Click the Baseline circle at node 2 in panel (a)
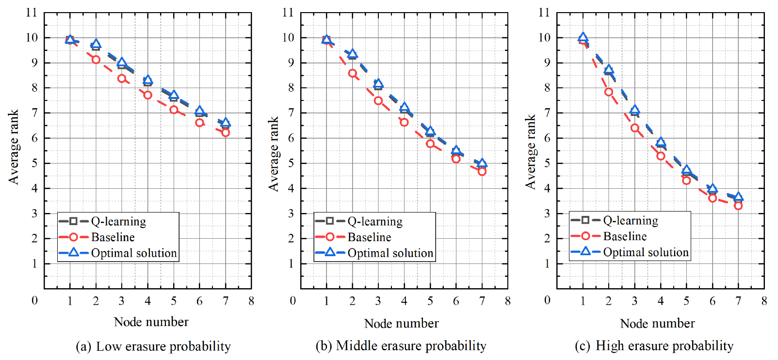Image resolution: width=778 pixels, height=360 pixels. pos(96,60)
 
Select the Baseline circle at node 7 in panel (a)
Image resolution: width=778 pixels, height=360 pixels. pos(226,132)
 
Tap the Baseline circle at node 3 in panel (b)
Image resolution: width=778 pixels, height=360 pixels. pos(378,101)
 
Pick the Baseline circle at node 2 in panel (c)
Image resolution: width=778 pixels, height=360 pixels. pos(609,92)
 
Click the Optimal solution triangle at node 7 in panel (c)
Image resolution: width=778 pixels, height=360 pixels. pos(738,197)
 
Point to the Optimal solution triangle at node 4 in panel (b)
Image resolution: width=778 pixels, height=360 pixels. pos(404,108)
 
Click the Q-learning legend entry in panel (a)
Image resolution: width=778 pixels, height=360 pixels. pos(118,222)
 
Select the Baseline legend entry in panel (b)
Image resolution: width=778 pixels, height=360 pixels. pos(369,237)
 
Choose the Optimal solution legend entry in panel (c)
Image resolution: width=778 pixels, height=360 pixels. pos(646,252)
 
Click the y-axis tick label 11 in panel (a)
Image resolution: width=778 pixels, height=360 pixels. pos(32,12)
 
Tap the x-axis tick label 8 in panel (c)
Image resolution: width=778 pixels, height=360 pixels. pos(764,301)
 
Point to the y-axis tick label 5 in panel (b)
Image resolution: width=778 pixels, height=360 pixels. pos(291,163)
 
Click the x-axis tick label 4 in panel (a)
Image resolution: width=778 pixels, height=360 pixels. pos(147,301)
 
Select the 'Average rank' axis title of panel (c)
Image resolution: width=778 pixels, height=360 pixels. pos(531,151)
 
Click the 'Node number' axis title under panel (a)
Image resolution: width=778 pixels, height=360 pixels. pos(151,322)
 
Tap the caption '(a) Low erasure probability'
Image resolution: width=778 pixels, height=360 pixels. pos(153,346)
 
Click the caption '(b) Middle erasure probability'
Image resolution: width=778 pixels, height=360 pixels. pos(401,345)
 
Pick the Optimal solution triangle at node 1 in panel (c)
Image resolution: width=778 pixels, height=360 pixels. pos(583,37)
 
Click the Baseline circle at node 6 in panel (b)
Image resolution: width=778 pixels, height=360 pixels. pos(456,158)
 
